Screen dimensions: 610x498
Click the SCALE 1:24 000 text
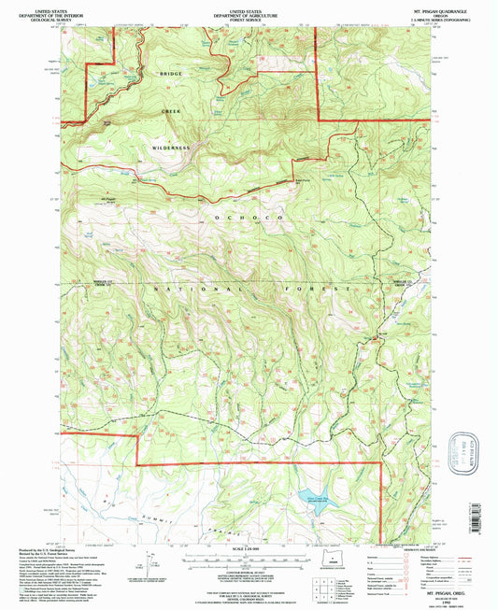coord(248,547)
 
